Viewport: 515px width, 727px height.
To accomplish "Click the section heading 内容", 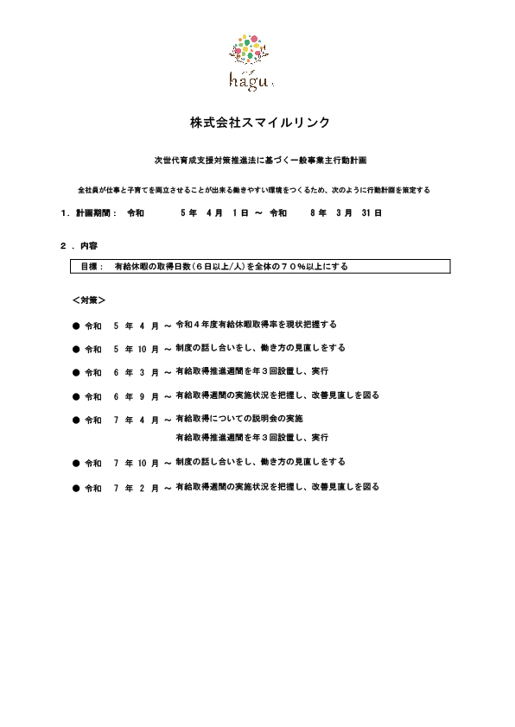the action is pyautogui.click(x=88, y=246).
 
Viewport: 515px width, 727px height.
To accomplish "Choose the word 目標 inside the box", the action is pyautogui.click(x=91, y=267).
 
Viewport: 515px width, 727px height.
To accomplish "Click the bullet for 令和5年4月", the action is pyautogui.click(x=75, y=325).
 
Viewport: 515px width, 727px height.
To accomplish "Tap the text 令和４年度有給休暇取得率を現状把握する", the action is pyautogui.click(x=256, y=324).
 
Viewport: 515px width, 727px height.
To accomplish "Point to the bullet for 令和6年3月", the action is pyautogui.click(x=75, y=372).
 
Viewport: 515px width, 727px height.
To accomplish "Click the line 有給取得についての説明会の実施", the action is pyautogui.click(x=238, y=419).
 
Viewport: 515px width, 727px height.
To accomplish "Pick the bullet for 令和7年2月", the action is pyautogui.click(x=75, y=488).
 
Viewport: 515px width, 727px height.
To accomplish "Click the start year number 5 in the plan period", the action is pyautogui.click(x=182, y=212).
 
